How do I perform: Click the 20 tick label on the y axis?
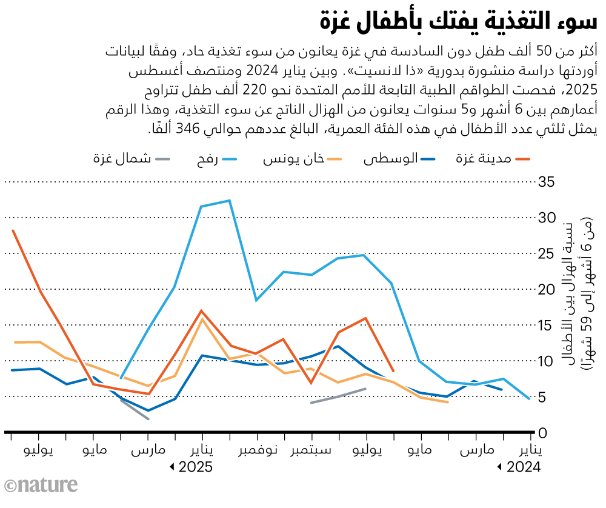[548, 289]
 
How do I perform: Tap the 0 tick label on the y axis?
[544, 433]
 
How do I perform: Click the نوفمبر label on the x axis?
[257, 452]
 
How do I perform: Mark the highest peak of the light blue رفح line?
[229, 201]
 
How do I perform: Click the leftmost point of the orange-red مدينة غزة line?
[13, 230]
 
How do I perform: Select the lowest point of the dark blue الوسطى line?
[148, 410]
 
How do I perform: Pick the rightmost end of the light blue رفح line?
[530, 399]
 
